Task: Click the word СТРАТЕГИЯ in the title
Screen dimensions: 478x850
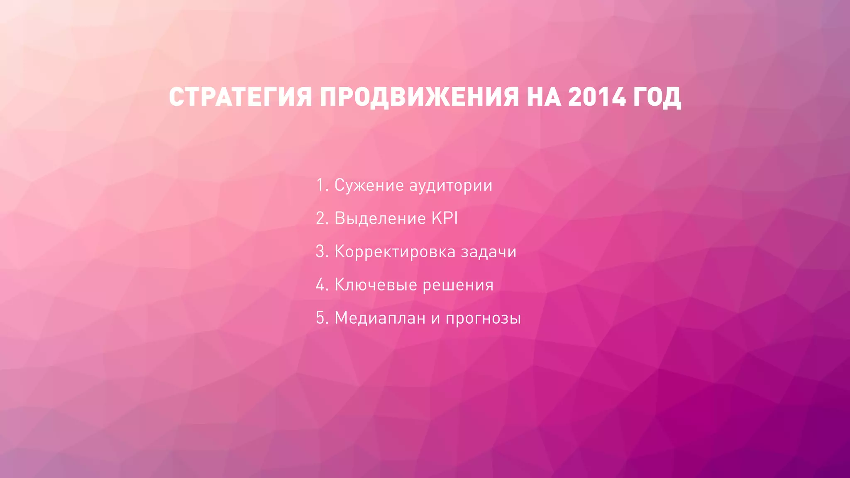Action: [x=240, y=97]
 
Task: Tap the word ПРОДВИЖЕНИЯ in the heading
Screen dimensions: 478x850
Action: [x=419, y=97]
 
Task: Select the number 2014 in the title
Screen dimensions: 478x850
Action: [x=596, y=97]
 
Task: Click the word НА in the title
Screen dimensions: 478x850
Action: [x=543, y=97]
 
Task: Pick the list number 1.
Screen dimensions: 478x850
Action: [x=321, y=185]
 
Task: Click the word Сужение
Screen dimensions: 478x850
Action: [x=369, y=185]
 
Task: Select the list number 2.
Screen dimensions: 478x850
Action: [x=322, y=218]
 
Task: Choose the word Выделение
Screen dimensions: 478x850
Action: [x=380, y=219]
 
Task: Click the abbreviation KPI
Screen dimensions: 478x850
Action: [x=445, y=218]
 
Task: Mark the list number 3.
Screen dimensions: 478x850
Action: [x=322, y=251]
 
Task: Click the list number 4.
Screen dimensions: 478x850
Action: [x=322, y=285]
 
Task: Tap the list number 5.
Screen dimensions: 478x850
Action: [x=322, y=318]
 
